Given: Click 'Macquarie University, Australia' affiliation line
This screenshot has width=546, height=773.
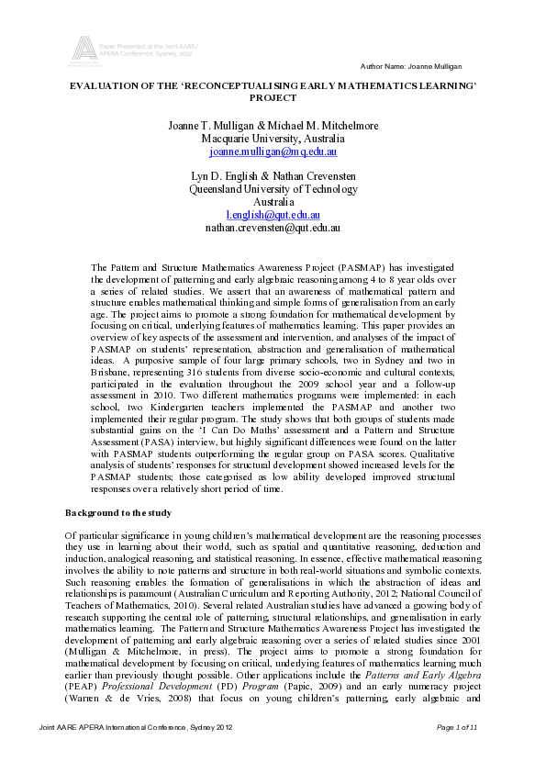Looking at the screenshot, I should (273, 138).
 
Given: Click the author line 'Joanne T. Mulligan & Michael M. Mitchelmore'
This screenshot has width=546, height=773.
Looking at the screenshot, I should (273, 125).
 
